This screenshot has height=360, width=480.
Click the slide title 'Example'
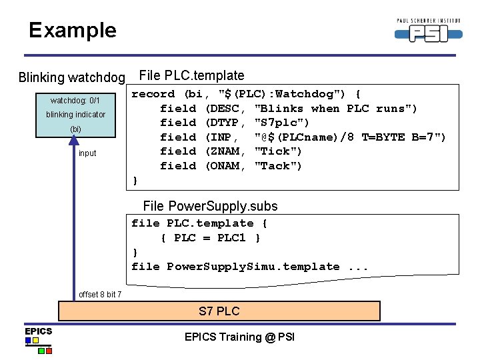[72, 30]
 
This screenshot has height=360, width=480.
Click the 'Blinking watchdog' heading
[72, 77]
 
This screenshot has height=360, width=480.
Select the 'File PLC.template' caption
[191, 76]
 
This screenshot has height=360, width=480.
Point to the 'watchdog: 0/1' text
[75, 101]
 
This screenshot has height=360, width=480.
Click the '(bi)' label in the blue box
[75, 129]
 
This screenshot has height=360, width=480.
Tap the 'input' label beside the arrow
[87, 153]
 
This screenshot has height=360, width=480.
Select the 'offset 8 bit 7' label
[100, 295]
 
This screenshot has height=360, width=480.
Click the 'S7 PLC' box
[219, 311]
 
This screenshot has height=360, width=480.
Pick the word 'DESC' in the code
[225, 109]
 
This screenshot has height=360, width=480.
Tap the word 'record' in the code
[153, 94]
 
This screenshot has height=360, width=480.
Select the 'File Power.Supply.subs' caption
[210, 206]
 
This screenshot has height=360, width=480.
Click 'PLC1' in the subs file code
[231, 238]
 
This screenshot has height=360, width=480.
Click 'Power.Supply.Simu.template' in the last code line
[253, 267]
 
